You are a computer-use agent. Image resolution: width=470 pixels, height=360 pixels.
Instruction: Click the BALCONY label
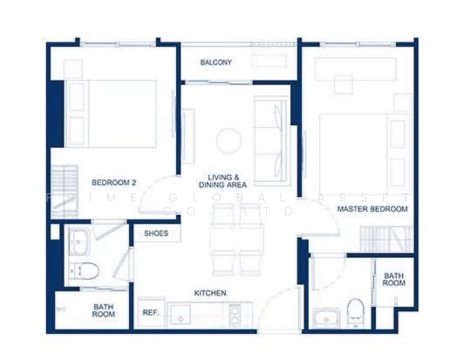point(216,62)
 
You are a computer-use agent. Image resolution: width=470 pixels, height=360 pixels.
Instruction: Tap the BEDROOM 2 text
point(114,182)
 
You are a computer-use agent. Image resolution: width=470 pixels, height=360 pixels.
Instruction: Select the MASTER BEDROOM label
point(372,209)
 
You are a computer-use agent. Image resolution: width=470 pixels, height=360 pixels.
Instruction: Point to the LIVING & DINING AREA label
point(223,181)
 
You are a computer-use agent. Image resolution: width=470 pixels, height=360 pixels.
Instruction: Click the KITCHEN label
point(210,293)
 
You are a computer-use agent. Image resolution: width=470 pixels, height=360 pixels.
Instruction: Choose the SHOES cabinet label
point(156,233)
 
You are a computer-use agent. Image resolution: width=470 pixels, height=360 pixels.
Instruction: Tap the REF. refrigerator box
point(149,313)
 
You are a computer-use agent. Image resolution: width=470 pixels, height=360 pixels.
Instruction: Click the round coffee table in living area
point(229,141)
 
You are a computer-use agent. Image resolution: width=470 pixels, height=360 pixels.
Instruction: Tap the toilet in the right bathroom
point(355,311)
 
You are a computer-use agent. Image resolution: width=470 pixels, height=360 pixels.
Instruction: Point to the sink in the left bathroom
point(79,241)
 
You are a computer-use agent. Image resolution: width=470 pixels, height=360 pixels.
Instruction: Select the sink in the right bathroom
point(326,316)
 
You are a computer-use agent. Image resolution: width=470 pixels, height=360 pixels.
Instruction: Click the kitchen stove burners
point(235,313)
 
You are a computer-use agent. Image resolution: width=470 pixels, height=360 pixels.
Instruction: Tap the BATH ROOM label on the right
point(394,279)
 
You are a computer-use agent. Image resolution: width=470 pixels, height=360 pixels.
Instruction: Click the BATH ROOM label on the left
point(103,310)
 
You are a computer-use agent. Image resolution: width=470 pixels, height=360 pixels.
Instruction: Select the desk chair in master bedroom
point(343,83)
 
